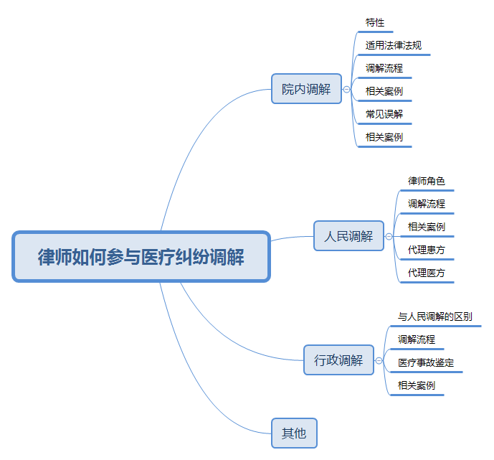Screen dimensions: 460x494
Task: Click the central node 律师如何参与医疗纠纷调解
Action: point(141,257)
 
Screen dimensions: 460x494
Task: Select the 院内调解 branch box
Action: point(306,89)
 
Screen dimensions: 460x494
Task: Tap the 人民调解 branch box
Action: point(348,236)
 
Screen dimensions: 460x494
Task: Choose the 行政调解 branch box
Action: point(338,360)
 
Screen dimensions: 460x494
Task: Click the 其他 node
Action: point(294,433)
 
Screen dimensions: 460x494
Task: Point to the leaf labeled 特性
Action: point(375,23)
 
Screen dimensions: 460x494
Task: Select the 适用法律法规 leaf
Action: point(393,45)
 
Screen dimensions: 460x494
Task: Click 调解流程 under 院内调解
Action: point(384,68)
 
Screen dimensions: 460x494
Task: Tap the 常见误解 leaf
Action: point(384,114)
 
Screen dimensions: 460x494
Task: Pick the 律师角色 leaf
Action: point(426,181)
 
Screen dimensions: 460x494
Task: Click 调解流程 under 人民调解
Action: point(426,204)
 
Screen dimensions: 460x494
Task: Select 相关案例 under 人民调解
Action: point(426,227)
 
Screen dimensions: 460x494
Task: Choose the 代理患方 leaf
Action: point(426,250)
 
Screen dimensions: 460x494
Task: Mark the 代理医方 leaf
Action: point(426,273)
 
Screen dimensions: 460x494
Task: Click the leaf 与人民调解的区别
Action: point(434,316)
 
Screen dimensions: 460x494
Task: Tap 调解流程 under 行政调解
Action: point(417,339)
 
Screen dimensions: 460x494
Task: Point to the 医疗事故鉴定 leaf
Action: point(426,362)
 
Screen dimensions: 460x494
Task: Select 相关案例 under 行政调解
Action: point(417,385)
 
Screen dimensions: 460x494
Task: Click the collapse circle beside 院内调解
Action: point(347,90)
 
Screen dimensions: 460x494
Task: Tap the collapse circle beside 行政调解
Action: point(379,360)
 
